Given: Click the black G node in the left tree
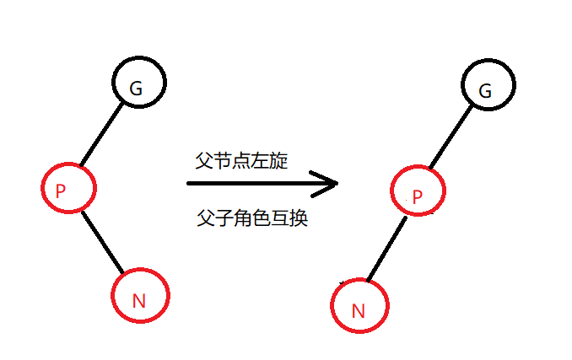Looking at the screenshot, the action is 139,83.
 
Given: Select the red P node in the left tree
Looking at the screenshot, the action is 67,189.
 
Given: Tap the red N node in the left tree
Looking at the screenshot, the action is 141,297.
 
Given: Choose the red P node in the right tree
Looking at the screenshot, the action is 418,194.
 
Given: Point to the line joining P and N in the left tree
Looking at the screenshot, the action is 104,243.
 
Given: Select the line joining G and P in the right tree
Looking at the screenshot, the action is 453,139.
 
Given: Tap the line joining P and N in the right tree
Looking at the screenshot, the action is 388,250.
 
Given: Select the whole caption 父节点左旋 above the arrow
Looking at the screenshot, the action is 241,161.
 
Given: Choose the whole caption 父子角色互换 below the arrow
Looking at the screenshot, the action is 251,219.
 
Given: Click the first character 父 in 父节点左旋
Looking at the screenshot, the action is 203,161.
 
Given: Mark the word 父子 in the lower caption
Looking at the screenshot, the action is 213,219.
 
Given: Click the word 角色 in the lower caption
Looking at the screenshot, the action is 251,219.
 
